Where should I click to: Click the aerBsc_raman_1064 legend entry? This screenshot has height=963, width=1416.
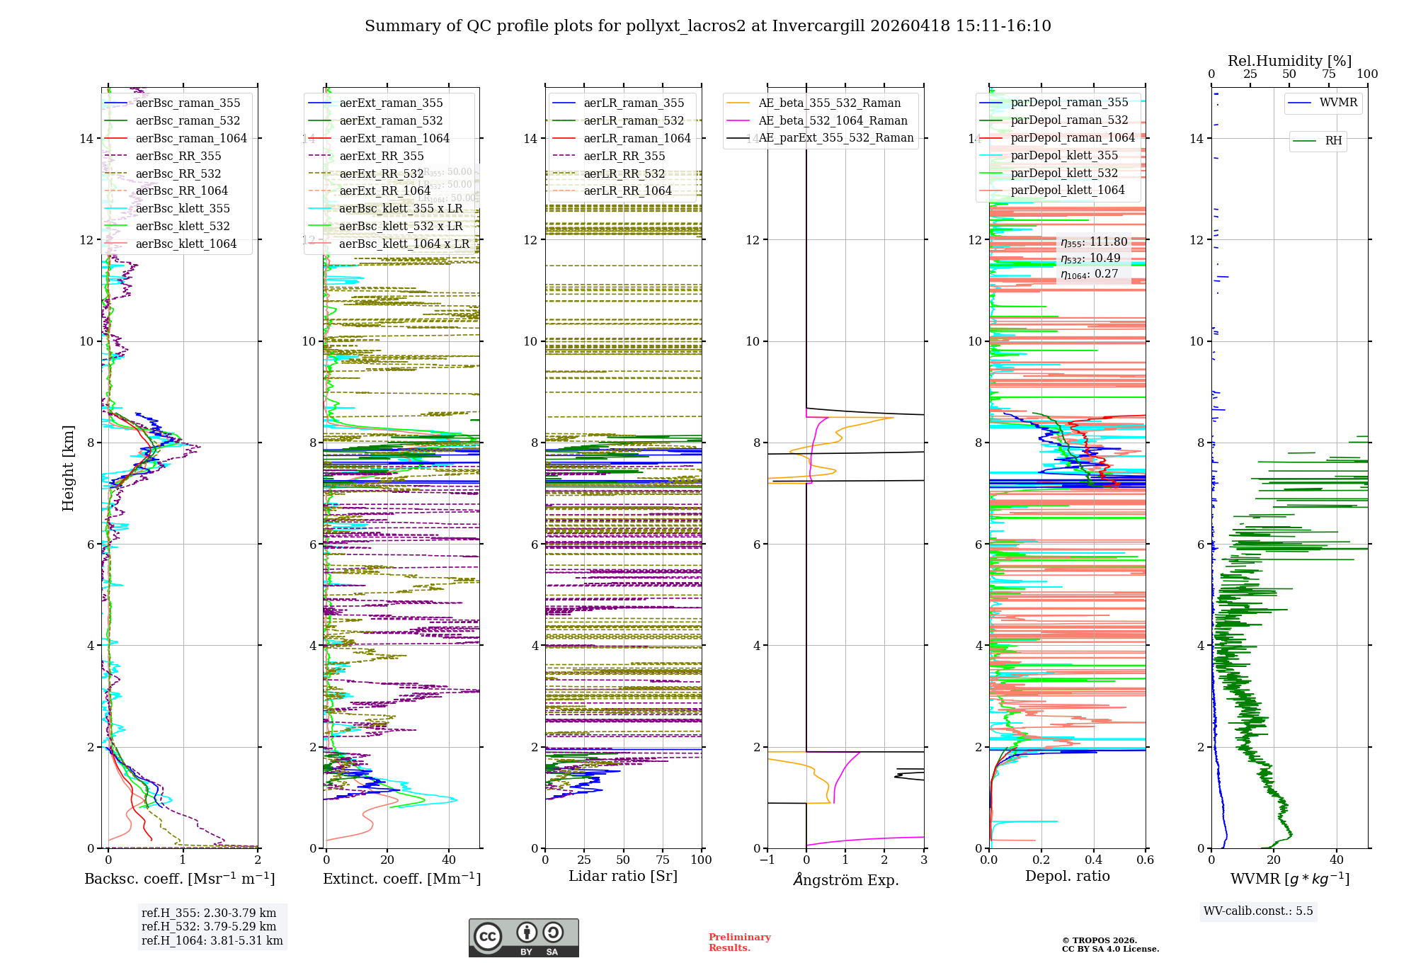[191, 138]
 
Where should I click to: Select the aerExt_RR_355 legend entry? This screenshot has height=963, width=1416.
[382, 156]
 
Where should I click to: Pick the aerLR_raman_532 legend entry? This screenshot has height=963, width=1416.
[634, 120]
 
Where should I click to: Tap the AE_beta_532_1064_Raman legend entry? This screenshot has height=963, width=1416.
[833, 120]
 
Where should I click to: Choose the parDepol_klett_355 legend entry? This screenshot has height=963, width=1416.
[1064, 155]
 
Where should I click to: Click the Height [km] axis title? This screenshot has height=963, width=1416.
[68, 468]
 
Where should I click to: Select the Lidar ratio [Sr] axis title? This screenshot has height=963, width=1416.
[623, 876]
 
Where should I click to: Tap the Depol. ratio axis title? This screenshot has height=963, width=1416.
[1067, 876]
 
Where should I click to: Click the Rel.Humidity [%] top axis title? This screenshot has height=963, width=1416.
[1289, 61]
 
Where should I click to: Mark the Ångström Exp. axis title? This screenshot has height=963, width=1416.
[845, 879]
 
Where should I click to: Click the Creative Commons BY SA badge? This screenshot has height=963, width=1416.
[523, 938]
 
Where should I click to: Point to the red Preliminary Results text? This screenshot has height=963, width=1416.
[739, 942]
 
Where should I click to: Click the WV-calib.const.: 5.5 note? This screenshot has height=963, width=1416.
[1257, 911]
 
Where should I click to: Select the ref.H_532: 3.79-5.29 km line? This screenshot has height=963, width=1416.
[209, 926]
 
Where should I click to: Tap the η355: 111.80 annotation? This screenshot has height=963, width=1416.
[1094, 242]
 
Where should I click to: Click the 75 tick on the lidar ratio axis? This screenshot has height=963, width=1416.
[663, 860]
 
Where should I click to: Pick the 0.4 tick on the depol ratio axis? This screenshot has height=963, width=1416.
[1093, 860]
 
